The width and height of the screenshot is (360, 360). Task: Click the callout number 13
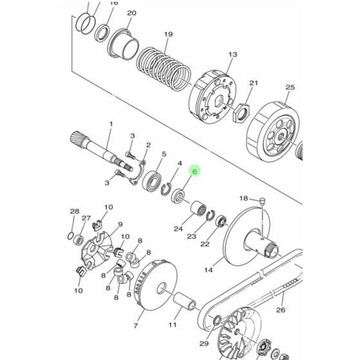tap(232, 55)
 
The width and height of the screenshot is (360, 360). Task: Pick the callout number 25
tap(290, 88)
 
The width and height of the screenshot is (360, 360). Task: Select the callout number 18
tap(243, 198)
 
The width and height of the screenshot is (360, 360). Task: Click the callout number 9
tap(120, 225)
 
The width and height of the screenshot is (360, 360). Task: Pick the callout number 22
tap(205, 244)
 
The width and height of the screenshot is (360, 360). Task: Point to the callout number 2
tap(148, 146)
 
